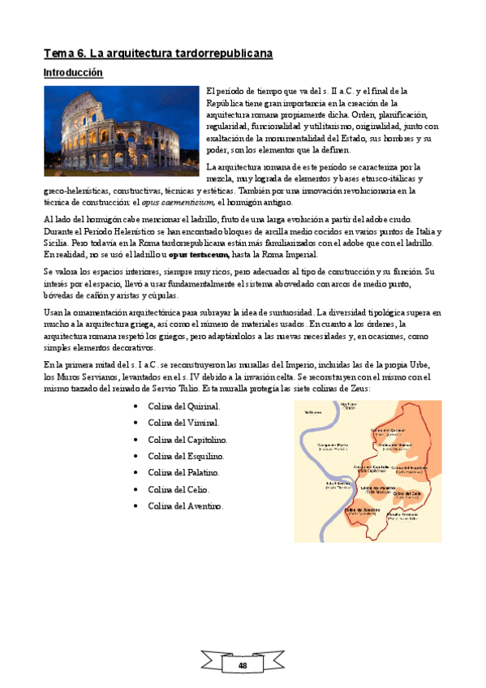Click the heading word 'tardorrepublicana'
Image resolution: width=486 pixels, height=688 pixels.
coord(222,54)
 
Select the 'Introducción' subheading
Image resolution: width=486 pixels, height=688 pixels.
coord(73,73)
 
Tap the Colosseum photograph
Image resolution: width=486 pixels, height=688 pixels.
coord(121,131)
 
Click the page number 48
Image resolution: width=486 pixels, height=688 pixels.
coord(242,664)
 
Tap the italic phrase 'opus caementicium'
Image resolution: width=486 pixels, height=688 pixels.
coord(178,202)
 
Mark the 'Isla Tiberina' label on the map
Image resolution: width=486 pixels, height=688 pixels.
coord(338,485)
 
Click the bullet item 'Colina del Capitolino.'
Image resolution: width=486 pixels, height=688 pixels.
coord(187,439)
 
